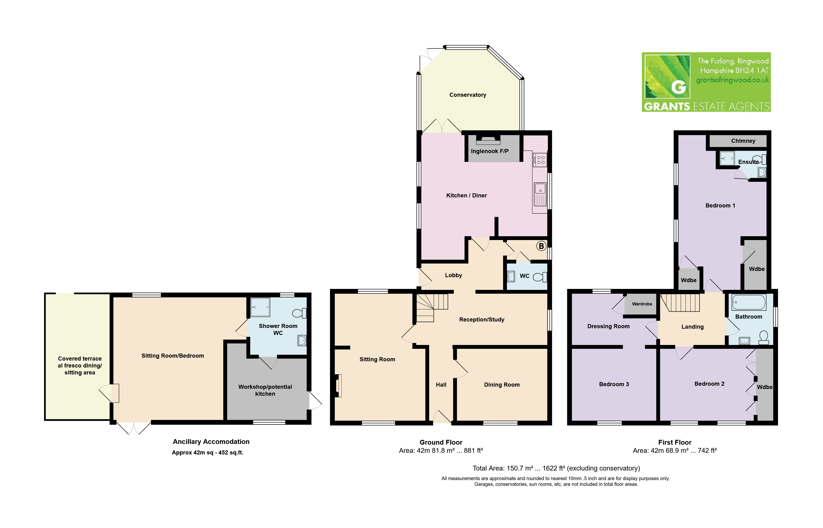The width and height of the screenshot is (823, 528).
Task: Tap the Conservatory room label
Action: click(x=468, y=95)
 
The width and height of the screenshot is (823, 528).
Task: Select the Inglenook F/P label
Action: click(x=490, y=151)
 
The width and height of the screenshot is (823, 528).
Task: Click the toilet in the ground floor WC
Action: click(x=540, y=276)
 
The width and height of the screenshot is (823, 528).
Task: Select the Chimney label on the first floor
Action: click(x=743, y=141)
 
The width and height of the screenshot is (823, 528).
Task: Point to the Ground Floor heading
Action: click(x=441, y=442)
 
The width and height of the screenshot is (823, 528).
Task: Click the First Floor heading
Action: click(x=674, y=442)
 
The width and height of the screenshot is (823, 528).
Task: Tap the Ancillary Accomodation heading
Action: click(x=211, y=442)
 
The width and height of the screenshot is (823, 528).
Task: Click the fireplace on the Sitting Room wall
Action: click(x=338, y=386)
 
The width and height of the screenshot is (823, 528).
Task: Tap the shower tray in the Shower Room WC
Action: click(x=260, y=307)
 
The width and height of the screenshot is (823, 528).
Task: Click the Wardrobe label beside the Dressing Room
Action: click(x=642, y=304)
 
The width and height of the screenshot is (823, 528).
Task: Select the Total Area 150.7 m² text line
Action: click(x=556, y=468)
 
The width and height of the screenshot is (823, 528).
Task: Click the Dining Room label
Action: click(x=502, y=385)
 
